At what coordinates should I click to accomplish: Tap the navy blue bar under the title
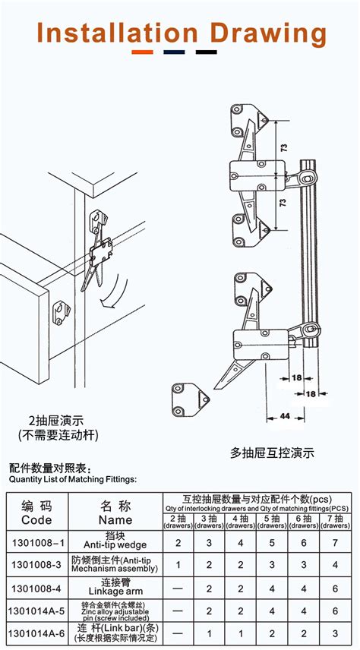174,52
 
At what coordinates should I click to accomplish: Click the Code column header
36,514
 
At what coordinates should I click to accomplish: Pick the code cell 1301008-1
36,544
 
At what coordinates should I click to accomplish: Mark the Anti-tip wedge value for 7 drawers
336,544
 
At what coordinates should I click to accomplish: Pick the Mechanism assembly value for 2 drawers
177,565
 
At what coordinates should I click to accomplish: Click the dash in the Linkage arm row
177,587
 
